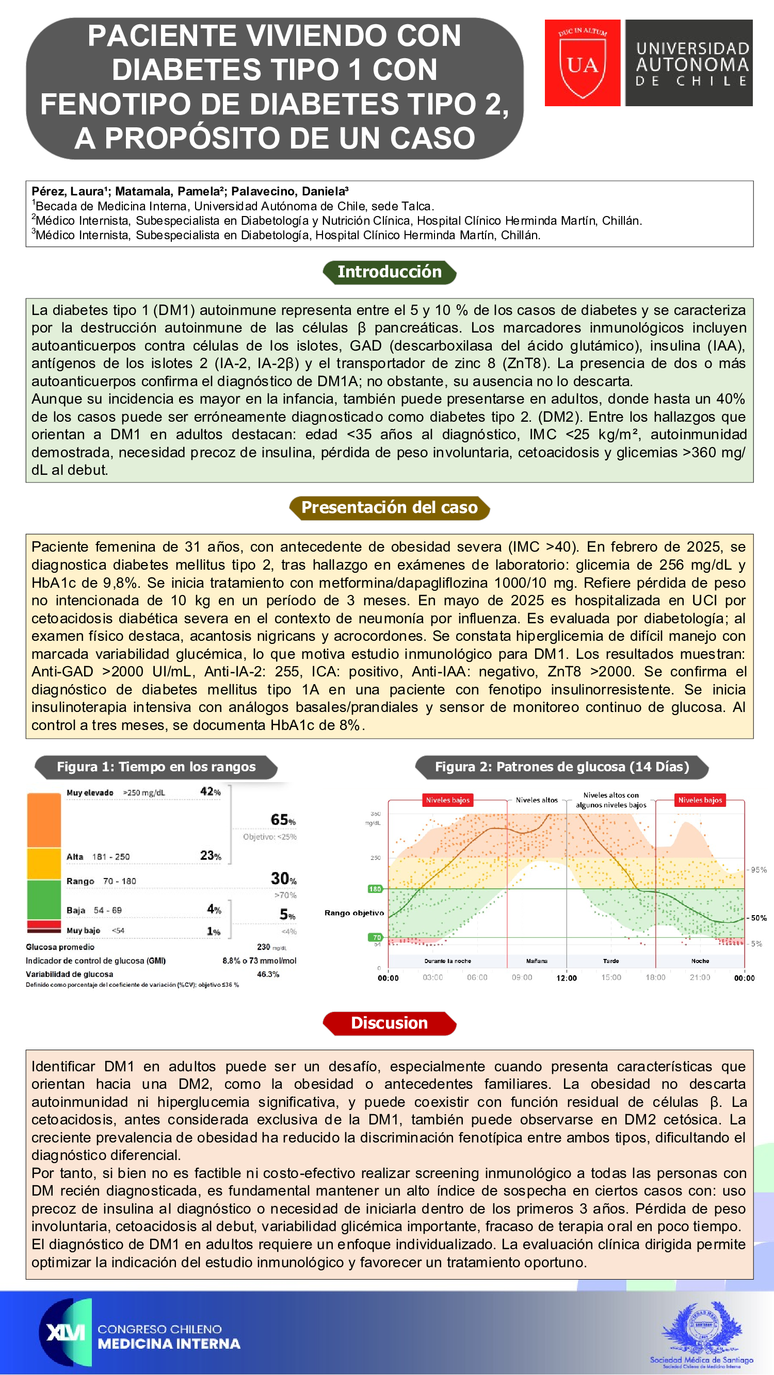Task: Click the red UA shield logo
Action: coord(582,63)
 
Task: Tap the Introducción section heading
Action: coord(390,272)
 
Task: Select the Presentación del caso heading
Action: coord(390,508)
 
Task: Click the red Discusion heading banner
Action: coord(390,1023)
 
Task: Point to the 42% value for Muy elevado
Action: coord(210,791)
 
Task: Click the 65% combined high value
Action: coord(283,820)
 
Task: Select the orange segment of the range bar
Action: coord(44,820)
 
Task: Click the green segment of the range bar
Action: coord(44,900)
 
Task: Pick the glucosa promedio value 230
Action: coord(264,947)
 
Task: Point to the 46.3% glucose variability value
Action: coord(268,974)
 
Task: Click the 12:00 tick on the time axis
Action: coord(566,978)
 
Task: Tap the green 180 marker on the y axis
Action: coord(375,889)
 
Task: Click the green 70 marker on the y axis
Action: coord(377,937)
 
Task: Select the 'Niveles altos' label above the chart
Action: coord(536,800)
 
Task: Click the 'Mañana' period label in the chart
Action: coord(536,961)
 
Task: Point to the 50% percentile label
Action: coord(759,918)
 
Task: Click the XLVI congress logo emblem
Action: coord(65,1332)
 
